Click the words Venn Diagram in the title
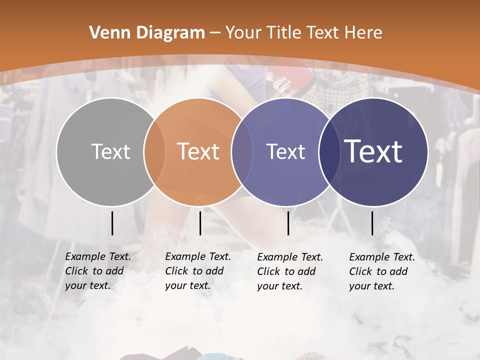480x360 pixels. coord(147,33)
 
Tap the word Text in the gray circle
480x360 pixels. coord(110,151)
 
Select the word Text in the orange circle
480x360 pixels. coord(198,151)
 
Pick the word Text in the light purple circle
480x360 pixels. coord(285,151)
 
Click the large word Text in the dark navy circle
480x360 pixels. coord(373,151)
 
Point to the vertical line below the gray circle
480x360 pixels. coord(112,223)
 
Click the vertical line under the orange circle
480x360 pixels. coord(200,223)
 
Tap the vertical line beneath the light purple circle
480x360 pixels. coord(288,223)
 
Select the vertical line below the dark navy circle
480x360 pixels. coord(372,223)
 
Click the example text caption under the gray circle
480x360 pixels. coord(98,271)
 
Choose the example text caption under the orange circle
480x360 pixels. coord(198,271)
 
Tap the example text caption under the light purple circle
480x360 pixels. coord(290,271)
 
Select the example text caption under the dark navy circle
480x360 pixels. coord(382,271)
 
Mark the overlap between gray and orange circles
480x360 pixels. coord(154,151)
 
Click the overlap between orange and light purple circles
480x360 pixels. coord(242,151)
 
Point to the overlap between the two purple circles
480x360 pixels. coord(328,151)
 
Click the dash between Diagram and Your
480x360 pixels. coord(215,33)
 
